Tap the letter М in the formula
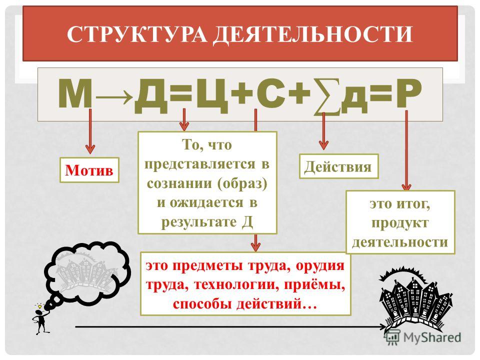[75, 94]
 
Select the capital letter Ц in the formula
[212, 95]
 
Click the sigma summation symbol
[326, 97]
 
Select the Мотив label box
[89, 170]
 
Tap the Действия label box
[338, 166]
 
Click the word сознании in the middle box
[179, 183]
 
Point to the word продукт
[400, 223]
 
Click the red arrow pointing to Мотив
[90, 131]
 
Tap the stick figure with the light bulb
[40, 319]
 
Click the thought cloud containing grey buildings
[86, 270]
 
